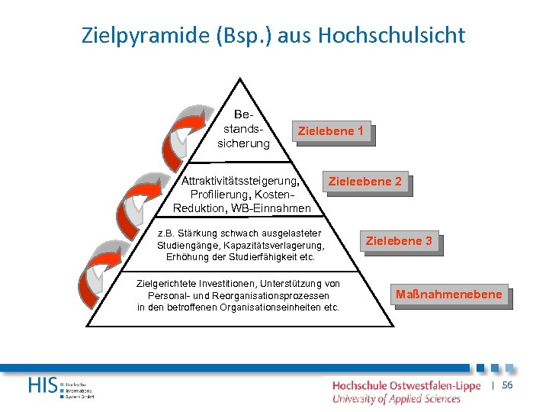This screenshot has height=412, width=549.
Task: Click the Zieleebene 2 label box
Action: tap(364, 182)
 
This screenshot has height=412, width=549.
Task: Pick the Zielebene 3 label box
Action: tap(399, 241)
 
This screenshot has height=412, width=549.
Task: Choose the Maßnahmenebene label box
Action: tap(449, 295)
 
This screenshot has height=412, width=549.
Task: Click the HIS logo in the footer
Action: tap(44, 385)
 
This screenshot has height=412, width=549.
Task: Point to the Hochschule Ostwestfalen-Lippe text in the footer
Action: tap(406, 386)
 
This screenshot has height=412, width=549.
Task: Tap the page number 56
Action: tap(508, 386)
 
